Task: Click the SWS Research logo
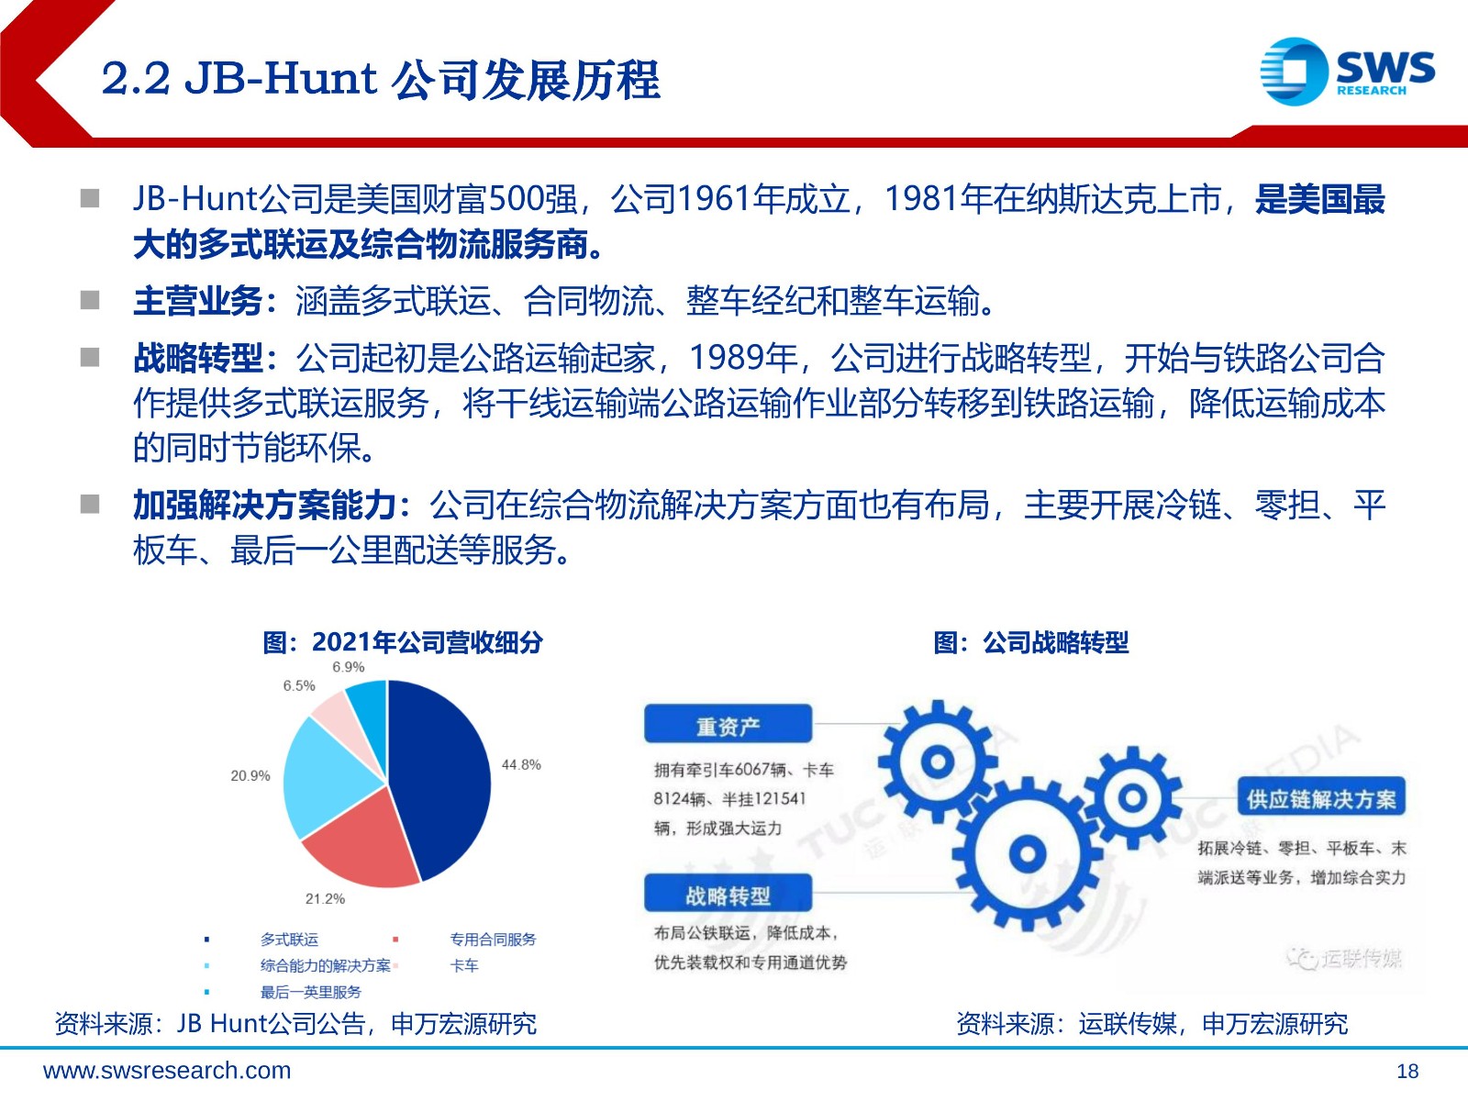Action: click(x=1347, y=72)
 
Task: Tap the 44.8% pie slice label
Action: click(x=521, y=764)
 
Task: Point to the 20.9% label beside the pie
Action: click(x=250, y=775)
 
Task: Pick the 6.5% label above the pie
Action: click(x=299, y=685)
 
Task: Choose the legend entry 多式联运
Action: click(x=289, y=940)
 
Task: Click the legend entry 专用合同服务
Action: click(x=493, y=940)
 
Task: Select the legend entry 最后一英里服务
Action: click(x=310, y=992)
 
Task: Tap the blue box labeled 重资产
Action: click(x=728, y=724)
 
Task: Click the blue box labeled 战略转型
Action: click(x=728, y=893)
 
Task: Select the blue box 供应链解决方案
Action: click(x=1321, y=796)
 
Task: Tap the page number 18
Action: click(x=1407, y=1072)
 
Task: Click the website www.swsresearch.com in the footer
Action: click(x=167, y=1071)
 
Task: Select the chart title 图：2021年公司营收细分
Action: click(x=403, y=642)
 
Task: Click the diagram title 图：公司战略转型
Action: click(x=1030, y=642)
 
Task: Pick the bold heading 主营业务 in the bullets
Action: click(x=198, y=301)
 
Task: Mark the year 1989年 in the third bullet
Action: click(x=743, y=358)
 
